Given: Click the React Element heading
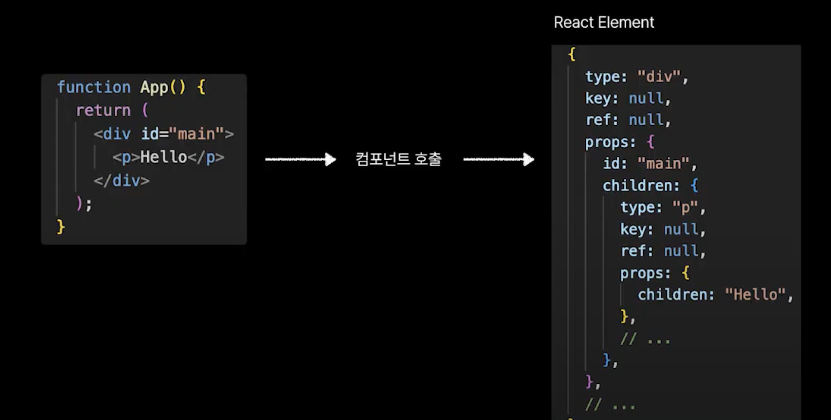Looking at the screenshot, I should tap(603, 22).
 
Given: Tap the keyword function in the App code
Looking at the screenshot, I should tap(94, 87).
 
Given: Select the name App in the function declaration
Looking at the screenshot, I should tap(154, 87).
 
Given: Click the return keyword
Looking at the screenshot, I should tap(103, 110).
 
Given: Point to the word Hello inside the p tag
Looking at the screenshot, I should tap(164, 157).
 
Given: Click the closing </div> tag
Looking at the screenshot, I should tap(122, 181).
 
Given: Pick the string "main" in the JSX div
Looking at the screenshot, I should tap(196, 134).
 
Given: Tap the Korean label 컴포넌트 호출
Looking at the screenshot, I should tap(398, 159).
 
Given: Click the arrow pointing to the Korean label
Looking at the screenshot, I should tap(300, 159).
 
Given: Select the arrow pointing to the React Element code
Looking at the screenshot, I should tap(499, 159).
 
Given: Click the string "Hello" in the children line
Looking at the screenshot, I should tap(755, 295).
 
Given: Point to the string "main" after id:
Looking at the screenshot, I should tap(663, 164).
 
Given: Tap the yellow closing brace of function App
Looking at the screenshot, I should tap(61, 227).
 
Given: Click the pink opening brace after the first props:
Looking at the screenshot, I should tap(651, 142).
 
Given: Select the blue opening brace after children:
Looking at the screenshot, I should tap(694, 186).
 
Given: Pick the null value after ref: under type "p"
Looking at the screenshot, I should tap(681, 251).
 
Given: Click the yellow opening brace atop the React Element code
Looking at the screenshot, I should tap(572, 54).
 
